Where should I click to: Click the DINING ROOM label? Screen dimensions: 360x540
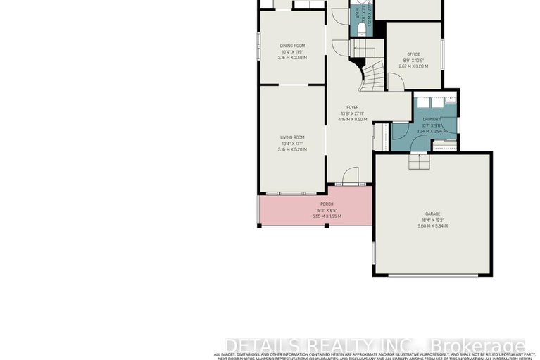point(292,46)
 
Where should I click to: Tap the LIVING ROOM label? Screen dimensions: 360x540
point(292,137)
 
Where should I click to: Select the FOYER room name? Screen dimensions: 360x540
point(342,108)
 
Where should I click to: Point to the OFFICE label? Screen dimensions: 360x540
point(413,54)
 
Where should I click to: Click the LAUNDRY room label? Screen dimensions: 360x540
point(432,120)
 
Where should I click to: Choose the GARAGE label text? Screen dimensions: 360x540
point(432,213)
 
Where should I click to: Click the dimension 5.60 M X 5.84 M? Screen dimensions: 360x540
point(432,225)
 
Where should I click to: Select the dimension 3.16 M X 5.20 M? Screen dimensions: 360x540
point(292,149)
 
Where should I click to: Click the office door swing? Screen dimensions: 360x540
point(396,82)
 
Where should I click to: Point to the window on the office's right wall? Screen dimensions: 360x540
point(443,54)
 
